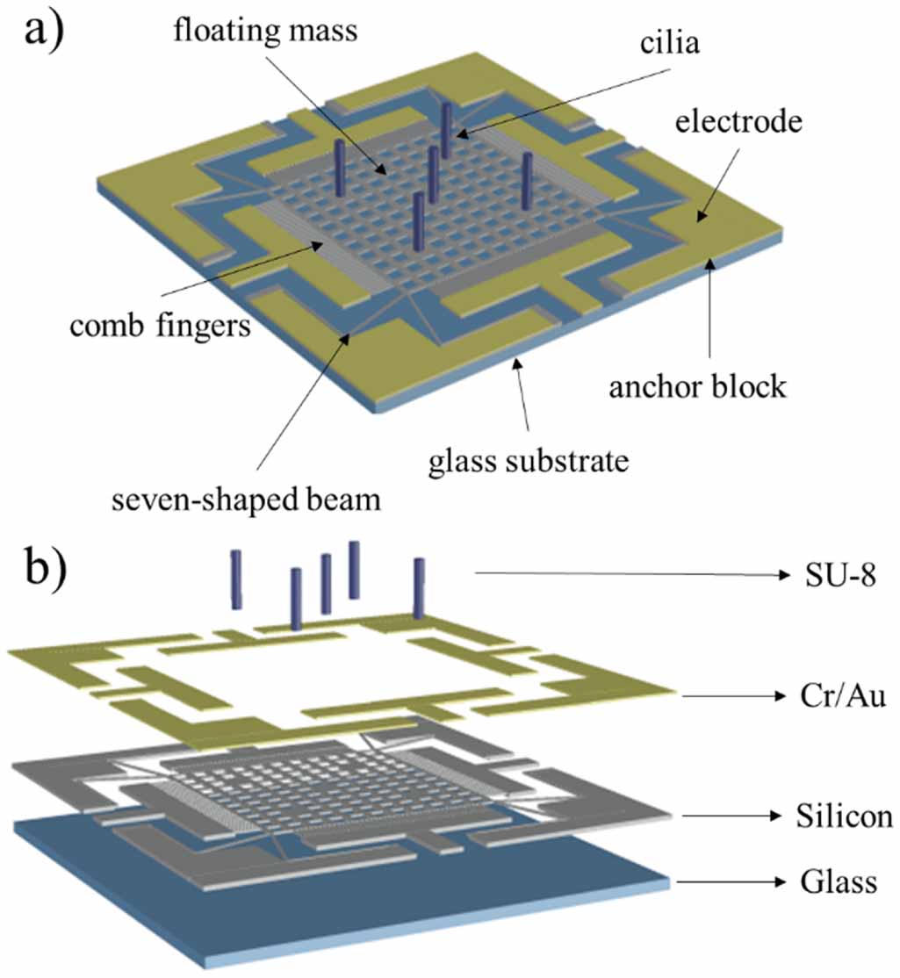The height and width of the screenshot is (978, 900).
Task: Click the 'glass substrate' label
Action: pyautogui.click(x=529, y=460)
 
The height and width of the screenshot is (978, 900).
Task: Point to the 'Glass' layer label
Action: pyautogui.click(x=839, y=881)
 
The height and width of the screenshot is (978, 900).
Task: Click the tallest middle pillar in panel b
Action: pyautogui.click(x=355, y=570)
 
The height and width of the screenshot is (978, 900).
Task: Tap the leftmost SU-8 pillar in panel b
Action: pyautogui.click(x=235, y=579)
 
